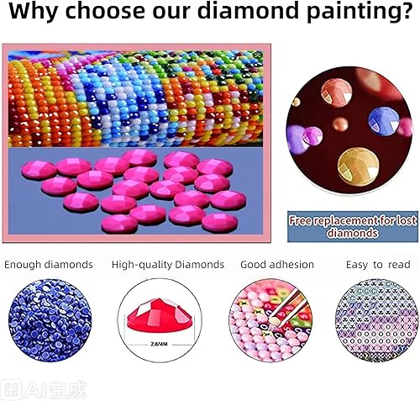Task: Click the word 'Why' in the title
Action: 35,14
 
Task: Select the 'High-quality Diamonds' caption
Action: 168,264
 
